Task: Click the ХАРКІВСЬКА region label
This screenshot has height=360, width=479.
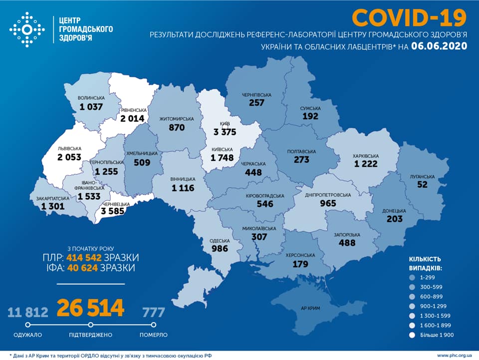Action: (366, 155)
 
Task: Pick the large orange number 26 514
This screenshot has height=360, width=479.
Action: (90, 309)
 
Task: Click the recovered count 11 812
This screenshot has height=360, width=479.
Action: (28, 313)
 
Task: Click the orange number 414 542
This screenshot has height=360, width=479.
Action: (84, 258)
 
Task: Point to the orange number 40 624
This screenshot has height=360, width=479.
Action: (83, 268)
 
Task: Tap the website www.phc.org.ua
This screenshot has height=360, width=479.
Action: (455, 355)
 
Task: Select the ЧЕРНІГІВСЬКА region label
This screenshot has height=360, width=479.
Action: (256, 94)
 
